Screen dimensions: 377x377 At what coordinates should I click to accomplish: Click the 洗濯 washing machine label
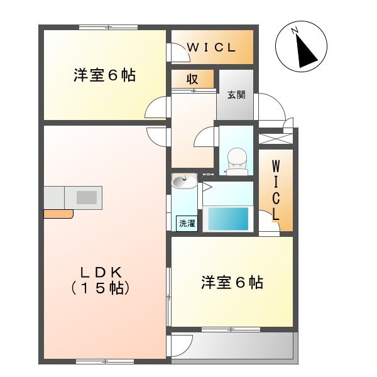pos(187,223)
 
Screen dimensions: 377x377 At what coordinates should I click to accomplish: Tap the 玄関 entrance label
pos(236,95)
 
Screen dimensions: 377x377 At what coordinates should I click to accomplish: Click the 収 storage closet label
pos(192,79)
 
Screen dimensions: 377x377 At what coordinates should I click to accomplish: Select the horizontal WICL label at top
pos(211,47)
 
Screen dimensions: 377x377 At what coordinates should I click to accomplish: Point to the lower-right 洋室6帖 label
pos(232,283)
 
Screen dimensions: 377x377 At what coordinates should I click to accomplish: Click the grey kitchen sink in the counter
pos(87,197)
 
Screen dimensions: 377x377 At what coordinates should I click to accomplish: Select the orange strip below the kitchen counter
pos(58,214)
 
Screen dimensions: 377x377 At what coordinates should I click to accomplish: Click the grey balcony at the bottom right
pos(242,345)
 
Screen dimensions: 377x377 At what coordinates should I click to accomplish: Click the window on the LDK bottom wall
pos(106,361)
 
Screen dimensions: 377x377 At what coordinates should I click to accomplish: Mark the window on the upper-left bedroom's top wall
pos(108,27)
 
